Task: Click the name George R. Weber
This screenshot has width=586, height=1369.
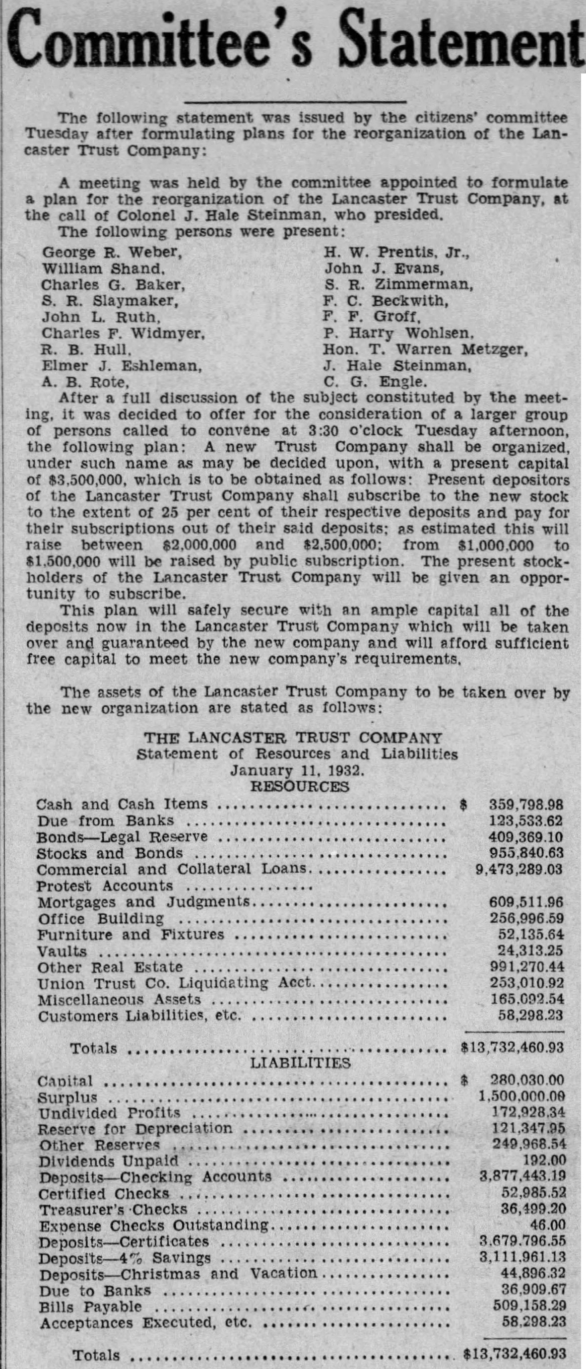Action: click(x=112, y=252)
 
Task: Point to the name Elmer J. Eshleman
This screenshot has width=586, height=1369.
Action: click(x=122, y=366)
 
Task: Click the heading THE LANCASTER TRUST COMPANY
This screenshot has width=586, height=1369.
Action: click(x=293, y=738)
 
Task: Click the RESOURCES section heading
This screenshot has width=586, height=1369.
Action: click(x=299, y=787)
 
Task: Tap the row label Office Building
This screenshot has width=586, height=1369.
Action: click(x=101, y=918)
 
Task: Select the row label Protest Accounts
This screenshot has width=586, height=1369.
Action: click(x=105, y=886)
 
